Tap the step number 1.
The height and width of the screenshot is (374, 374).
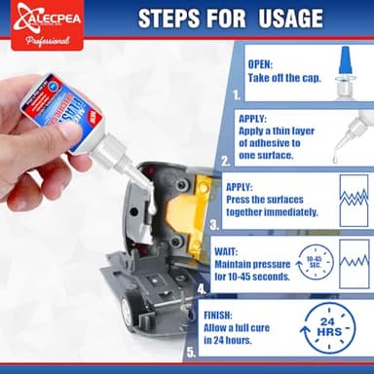pyautogui.click(x=235, y=96)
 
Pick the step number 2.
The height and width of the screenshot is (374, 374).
pyautogui.click(x=226, y=163)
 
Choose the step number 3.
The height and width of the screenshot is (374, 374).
pyautogui.click(x=214, y=223)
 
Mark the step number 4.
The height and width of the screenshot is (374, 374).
pyautogui.click(x=203, y=288)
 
